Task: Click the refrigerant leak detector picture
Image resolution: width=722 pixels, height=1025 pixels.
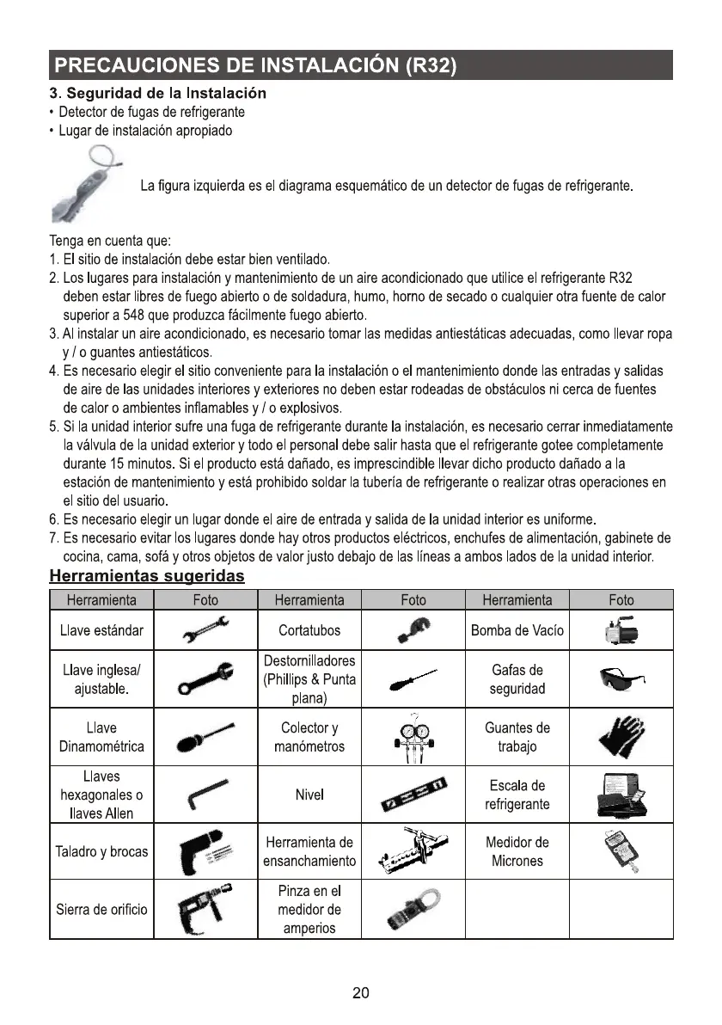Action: tap(86, 183)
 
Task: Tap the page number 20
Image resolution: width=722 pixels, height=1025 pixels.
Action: tap(361, 994)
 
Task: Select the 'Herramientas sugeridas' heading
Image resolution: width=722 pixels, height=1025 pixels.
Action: tap(147, 574)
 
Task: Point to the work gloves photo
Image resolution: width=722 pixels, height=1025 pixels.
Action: tap(620, 737)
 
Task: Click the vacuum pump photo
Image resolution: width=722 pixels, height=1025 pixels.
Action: tap(620, 630)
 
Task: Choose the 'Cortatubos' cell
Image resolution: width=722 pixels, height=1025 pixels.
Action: tap(309, 630)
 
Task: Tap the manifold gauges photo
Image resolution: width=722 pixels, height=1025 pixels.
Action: tap(413, 737)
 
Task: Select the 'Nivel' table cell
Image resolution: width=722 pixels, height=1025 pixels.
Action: tap(309, 795)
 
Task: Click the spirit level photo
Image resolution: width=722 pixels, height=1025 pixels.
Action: tap(413, 796)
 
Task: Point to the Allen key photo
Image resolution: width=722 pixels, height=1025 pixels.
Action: tap(205, 795)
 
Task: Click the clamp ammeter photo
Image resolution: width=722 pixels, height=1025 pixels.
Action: tap(413, 909)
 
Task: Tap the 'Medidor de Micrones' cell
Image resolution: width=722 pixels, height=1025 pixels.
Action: tap(517, 851)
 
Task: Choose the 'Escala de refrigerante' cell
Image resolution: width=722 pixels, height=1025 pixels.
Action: tap(517, 795)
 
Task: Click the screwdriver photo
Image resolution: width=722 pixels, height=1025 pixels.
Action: tap(413, 680)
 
